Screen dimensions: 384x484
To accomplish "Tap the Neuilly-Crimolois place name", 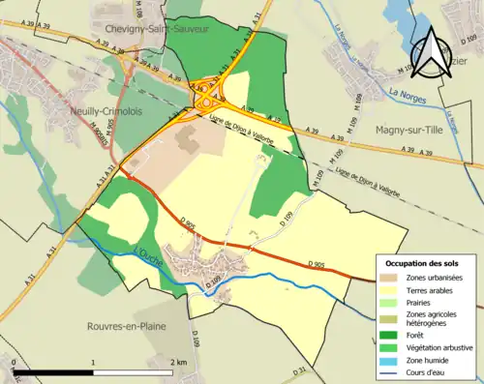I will click(101, 111).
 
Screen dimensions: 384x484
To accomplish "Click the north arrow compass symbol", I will click(432, 50).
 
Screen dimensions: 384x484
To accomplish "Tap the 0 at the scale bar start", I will click(15, 362).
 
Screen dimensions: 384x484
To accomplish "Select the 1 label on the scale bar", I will click(93, 362).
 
